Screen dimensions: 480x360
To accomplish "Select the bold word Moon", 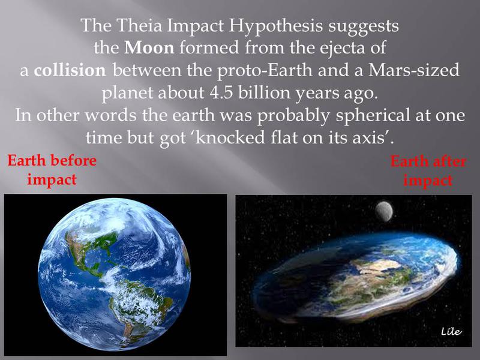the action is [149, 48].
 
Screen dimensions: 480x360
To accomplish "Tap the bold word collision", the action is [70, 70].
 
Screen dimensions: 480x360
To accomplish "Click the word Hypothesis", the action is [275, 26].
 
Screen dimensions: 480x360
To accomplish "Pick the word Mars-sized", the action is [413, 70].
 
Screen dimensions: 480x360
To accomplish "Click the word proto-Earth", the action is [265, 71].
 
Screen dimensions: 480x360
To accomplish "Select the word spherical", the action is [372, 116].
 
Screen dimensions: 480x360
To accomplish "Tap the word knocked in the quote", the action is [230, 137].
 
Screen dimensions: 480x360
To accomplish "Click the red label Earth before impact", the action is [52, 170].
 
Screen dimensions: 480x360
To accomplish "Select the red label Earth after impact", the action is [428, 170].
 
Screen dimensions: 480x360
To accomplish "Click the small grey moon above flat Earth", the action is [384, 211].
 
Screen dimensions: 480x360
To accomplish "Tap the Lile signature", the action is [451, 331].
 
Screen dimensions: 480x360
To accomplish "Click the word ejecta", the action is [342, 49].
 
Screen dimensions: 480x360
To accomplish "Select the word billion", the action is [264, 92].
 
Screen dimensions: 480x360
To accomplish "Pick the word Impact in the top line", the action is [196, 26].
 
